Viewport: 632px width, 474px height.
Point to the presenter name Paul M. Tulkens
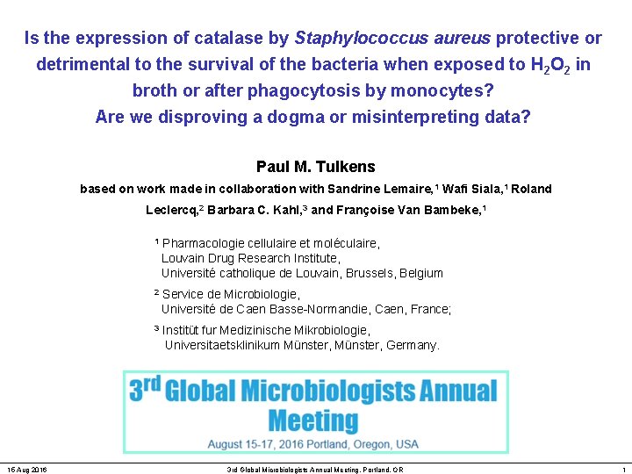(315, 167)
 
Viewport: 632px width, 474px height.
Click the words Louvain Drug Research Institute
(250, 258)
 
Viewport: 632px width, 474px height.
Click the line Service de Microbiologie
(231, 294)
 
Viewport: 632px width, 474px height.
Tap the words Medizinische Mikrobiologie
(295, 330)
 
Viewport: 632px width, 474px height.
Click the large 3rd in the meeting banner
(144, 389)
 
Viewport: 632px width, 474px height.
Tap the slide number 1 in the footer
(622, 470)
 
